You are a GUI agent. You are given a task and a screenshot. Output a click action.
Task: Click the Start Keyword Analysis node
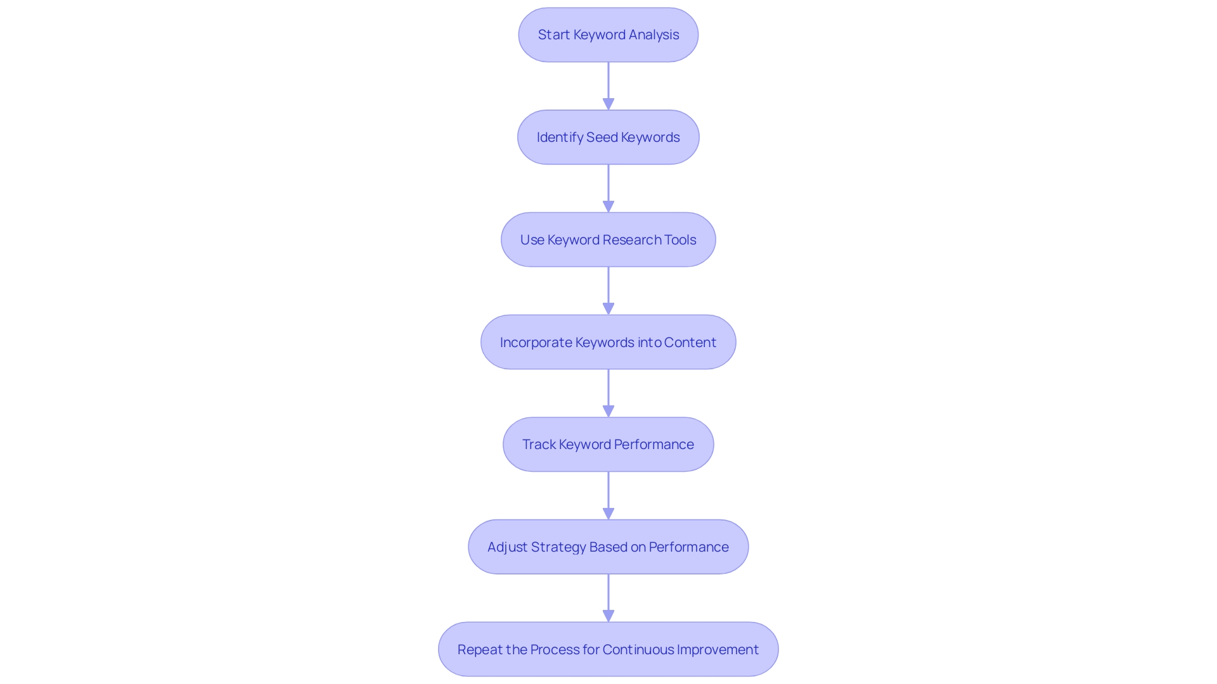pos(608,35)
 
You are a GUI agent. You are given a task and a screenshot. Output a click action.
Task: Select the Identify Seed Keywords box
pos(608,137)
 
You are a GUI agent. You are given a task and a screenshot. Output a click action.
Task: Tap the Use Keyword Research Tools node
pos(608,240)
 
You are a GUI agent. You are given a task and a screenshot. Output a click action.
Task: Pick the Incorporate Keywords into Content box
pos(608,342)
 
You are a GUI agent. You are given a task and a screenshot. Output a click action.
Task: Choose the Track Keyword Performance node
pos(608,445)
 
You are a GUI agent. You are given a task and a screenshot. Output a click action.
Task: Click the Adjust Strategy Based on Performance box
pos(608,547)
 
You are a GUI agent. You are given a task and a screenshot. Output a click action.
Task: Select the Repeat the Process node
pos(608,649)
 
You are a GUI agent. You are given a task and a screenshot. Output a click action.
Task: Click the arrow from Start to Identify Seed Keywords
pos(608,85)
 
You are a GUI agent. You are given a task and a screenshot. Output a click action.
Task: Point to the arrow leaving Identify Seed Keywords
pos(608,188)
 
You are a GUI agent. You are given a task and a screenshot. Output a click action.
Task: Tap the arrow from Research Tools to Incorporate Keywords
pos(608,291)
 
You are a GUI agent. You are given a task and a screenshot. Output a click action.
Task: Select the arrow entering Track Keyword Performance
pos(608,393)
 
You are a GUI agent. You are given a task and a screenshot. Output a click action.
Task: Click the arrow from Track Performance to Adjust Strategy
pos(608,495)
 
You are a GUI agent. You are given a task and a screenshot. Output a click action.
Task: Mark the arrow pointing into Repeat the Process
pos(608,598)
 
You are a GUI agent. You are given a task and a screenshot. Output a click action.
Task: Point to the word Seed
pos(602,137)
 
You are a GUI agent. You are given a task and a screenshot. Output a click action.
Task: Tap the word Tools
pos(680,240)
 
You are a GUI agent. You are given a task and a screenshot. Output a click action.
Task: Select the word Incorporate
pos(536,343)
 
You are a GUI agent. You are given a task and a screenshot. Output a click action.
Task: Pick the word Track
pos(539,445)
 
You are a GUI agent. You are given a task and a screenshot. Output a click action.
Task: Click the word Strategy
pos(558,547)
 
